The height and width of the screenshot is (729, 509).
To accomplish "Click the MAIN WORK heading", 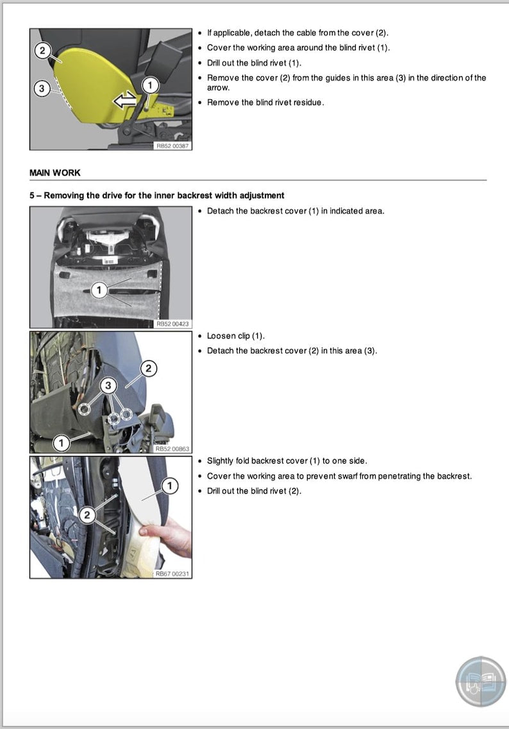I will pos(55,173).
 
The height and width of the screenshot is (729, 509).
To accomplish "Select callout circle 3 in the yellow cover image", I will pos(42,89).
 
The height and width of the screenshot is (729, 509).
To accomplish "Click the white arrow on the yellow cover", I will pos(124,99).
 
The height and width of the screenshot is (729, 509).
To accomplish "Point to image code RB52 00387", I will pos(172,146).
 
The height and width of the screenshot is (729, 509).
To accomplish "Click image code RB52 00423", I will pos(172,324).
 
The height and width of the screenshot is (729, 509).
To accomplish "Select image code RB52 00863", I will pos(172,449).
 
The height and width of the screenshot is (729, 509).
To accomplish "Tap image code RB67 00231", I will pos(172,574).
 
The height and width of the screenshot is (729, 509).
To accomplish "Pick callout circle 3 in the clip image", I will pos(108,385).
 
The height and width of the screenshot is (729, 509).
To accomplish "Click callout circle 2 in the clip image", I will pos(148,368).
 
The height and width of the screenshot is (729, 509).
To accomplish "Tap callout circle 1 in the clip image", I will pos(61,442).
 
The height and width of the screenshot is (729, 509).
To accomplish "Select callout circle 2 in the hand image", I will pos(87,514).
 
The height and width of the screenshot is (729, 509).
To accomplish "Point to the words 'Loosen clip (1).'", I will pos(235,336).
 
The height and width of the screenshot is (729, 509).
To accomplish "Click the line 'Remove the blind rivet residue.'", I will pos(265,103).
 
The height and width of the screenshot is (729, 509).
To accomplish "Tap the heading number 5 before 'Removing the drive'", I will pos(32,195).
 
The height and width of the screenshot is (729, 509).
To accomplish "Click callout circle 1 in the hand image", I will pos(169,487).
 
